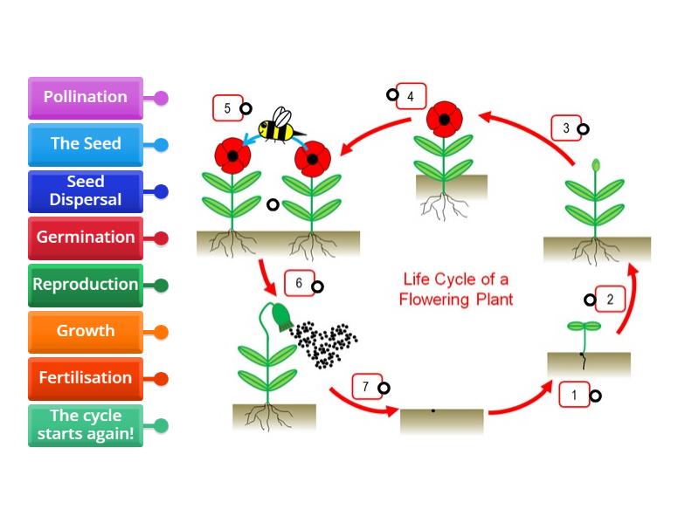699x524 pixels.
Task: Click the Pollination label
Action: [85, 98]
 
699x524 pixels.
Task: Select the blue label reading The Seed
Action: [85, 144]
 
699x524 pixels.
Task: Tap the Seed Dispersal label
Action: [85, 191]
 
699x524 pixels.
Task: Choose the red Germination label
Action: [85, 238]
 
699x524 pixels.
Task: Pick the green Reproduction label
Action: [85, 285]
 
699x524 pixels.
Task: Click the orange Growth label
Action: [85, 331]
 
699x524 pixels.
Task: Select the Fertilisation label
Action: [85, 378]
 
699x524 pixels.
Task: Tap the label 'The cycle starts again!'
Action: [85, 425]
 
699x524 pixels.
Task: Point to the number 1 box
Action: [575, 396]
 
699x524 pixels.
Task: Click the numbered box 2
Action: [610, 300]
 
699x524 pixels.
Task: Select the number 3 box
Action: [566, 128]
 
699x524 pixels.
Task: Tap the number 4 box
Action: [411, 95]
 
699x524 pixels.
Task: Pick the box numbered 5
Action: [227, 108]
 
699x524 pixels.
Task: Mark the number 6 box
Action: [299, 283]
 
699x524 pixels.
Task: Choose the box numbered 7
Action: [366, 387]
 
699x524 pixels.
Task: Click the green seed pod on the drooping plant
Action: [282, 315]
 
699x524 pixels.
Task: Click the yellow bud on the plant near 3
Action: [597, 164]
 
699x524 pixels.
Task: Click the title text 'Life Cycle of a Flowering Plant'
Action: [455, 289]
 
